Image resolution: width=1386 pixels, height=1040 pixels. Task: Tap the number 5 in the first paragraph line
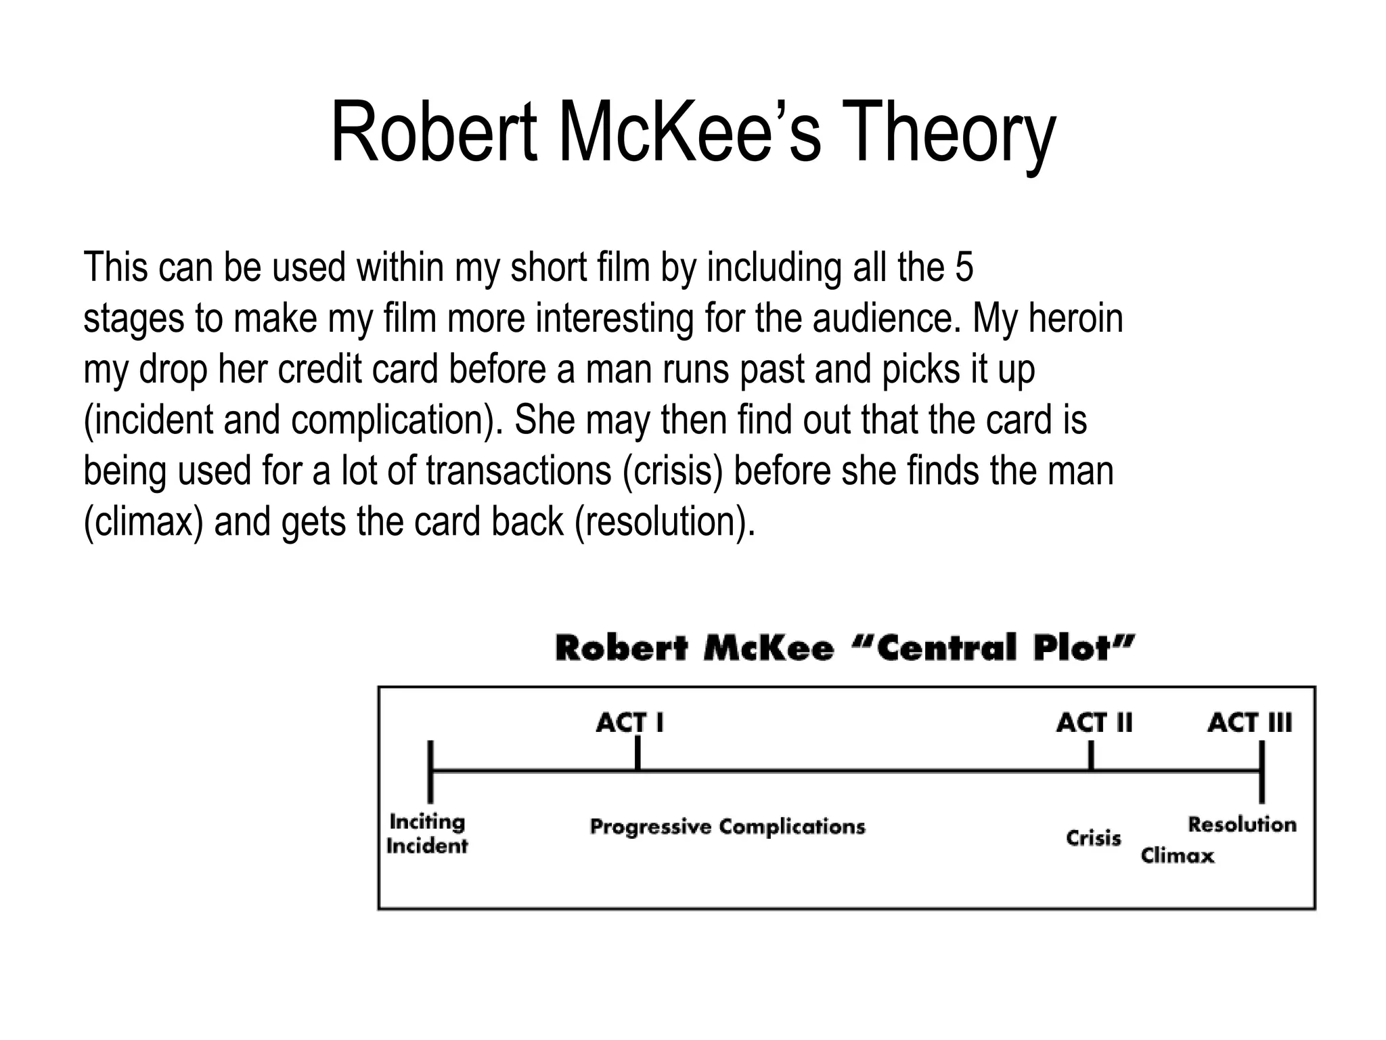[964, 267]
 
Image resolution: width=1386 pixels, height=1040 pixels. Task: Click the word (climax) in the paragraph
[143, 521]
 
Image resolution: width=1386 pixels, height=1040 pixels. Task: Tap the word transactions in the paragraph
[518, 471]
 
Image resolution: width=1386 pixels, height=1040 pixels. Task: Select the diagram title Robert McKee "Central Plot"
[845, 648]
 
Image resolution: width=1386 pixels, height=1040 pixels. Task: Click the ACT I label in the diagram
[629, 723]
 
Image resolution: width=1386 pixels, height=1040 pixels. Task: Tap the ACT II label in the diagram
[1094, 723]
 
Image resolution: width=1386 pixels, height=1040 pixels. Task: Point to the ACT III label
[1249, 723]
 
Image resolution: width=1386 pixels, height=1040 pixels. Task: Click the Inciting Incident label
[427, 834]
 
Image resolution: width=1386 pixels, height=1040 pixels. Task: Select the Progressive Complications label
[728, 827]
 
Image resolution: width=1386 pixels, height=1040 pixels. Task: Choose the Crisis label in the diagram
[1094, 838]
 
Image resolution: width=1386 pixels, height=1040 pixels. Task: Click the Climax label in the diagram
[1178, 856]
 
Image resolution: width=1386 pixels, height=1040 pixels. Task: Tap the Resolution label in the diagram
[1243, 825]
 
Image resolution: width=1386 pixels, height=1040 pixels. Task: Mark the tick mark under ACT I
[638, 753]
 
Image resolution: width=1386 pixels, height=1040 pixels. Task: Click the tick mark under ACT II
[1091, 756]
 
